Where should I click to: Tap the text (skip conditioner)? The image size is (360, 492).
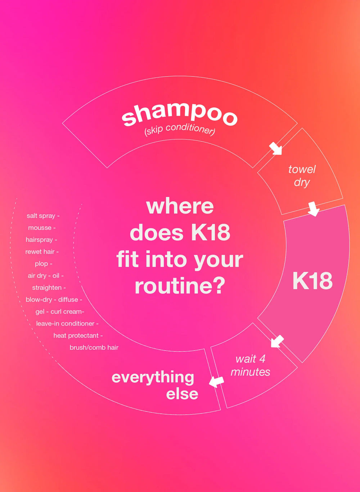tap(179, 131)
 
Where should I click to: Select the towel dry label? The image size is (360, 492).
tap(302, 176)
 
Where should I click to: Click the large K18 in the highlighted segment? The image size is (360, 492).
tap(312, 281)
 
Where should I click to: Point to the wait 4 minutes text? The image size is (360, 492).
tap(250, 365)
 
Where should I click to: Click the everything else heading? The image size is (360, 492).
tap(155, 385)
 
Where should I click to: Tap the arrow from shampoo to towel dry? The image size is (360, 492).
tap(276, 148)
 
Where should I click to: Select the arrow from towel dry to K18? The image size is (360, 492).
tap(313, 209)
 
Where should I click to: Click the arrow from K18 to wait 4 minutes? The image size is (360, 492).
tap(277, 341)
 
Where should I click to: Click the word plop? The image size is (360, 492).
tap(41, 264)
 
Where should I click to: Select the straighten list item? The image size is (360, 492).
tap(47, 288)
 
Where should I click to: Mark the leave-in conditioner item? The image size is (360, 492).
tap(65, 324)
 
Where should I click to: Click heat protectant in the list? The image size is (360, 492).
tap(76, 336)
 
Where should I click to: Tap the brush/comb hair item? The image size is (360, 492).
tap(94, 347)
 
